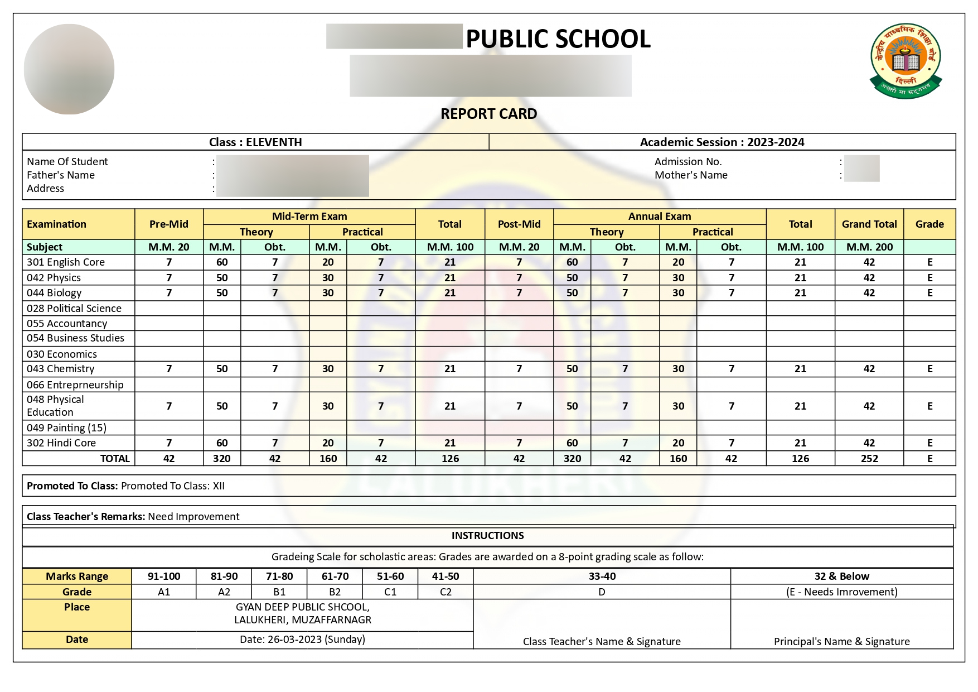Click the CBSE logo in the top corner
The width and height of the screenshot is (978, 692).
[x=906, y=61]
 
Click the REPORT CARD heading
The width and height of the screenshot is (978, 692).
[x=488, y=114]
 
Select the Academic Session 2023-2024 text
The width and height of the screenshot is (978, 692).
[x=722, y=142]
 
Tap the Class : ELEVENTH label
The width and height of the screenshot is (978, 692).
[x=255, y=142]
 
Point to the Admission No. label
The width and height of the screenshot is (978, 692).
[x=688, y=162]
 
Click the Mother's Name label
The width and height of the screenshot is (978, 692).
[x=691, y=175]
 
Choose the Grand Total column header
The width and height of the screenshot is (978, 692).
[x=869, y=224]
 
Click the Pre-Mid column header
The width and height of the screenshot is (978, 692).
[x=168, y=224]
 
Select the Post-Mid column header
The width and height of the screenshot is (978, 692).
[x=519, y=224]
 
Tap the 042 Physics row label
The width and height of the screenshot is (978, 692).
[x=54, y=278]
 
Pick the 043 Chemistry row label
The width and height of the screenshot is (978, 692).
[x=61, y=369]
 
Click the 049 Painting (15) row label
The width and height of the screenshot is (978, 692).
[x=66, y=428]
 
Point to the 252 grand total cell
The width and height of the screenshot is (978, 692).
[x=869, y=459]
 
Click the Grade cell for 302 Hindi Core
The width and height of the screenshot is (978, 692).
[x=929, y=443]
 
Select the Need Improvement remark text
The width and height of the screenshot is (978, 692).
[x=193, y=517]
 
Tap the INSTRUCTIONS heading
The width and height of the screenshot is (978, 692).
[x=487, y=536]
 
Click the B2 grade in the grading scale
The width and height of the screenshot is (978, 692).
[x=335, y=592]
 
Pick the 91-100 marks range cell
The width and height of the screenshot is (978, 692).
[x=164, y=576]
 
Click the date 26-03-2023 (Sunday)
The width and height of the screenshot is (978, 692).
[x=302, y=640]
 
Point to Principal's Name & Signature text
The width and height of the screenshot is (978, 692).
[x=841, y=642]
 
